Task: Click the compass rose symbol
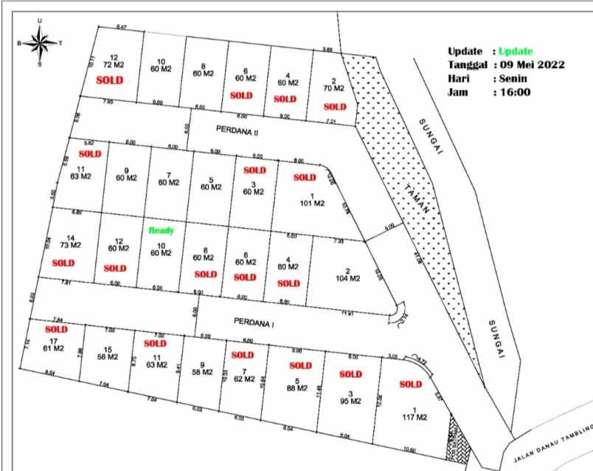(39, 43)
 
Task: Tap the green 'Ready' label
(162, 230)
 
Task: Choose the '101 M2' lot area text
(312, 202)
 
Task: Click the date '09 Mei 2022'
(532, 65)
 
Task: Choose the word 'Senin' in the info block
(514, 79)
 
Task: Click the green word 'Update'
(515, 51)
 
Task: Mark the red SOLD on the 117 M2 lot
(411, 384)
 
